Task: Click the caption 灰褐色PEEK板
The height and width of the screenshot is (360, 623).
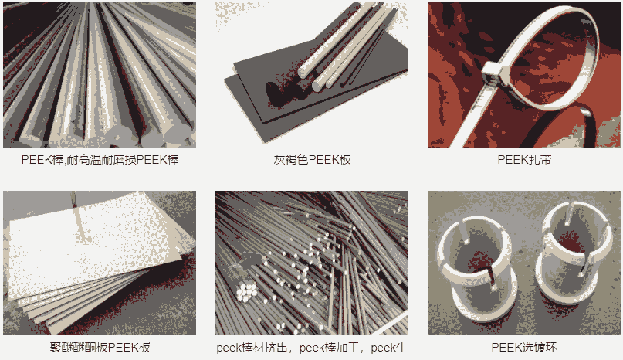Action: pyautogui.click(x=312, y=160)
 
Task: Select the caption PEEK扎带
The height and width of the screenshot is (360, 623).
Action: pyautogui.click(x=524, y=160)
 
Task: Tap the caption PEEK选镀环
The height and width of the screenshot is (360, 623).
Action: pyautogui.click(x=524, y=348)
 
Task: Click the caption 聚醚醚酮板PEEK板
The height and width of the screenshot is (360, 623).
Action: pyautogui.click(x=100, y=348)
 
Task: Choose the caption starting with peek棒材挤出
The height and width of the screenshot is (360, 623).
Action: pyautogui.click(x=312, y=348)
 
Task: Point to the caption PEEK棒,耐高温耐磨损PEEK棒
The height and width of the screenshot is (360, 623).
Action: pyautogui.click(x=100, y=160)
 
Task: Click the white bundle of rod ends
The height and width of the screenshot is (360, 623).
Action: pyautogui.click(x=246, y=291)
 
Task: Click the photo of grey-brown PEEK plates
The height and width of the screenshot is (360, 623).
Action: pyautogui.click(x=312, y=75)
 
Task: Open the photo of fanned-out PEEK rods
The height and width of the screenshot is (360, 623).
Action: pyautogui.click(x=100, y=75)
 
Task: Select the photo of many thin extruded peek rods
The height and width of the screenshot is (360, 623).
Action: pyautogui.click(x=312, y=263)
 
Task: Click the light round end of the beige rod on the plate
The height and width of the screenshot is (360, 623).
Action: pyautogui.click(x=303, y=73)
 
